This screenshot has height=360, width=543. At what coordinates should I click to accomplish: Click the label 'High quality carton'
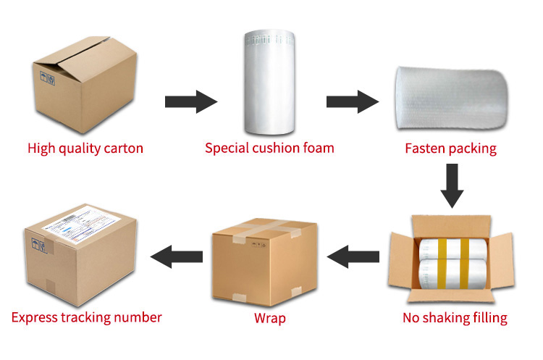(x=85, y=148)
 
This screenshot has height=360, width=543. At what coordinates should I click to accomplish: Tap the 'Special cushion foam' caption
(x=269, y=148)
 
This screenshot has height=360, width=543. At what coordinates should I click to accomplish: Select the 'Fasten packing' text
(x=450, y=148)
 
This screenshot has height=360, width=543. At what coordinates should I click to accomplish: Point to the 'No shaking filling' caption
(x=455, y=317)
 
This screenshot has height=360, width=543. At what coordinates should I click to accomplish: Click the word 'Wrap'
(x=269, y=318)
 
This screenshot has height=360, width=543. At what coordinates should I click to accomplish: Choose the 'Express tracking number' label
(x=87, y=317)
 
